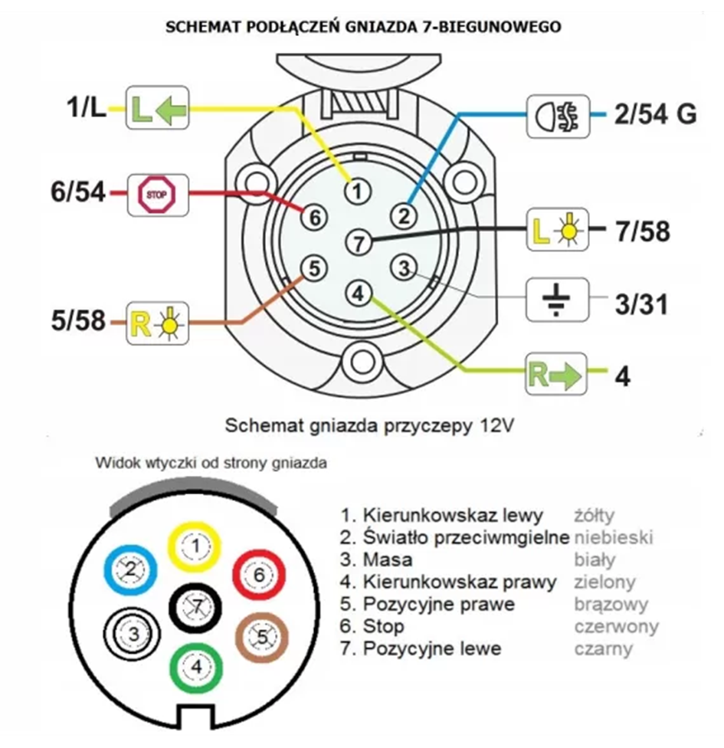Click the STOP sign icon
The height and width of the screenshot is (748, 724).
(x=157, y=195)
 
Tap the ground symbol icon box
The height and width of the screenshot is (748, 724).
(x=557, y=300)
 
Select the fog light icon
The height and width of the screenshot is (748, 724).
(x=558, y=116)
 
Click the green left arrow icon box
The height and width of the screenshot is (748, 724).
(x=157, y=107)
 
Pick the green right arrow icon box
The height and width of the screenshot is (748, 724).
(x=555, y=373)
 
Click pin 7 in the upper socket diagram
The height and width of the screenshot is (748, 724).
(x=359, y=242)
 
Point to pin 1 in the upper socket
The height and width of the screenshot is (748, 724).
(x=357, y=192)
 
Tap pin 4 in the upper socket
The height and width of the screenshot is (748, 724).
(x=359, y=293)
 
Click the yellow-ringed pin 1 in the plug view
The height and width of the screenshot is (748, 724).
(x=195, y=547)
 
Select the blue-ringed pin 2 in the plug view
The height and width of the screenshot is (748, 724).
(x=131, y=570)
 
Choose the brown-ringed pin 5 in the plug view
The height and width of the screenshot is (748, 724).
(x=262, y=638)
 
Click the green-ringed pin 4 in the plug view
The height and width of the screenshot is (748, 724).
(x=196, y=668)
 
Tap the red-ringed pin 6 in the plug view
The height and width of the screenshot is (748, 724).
(x=259, y=576)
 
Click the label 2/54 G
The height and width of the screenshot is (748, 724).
(x=655, y=114)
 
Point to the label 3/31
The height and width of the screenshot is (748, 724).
(x=641, y=304)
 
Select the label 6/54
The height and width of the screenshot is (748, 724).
(x=78, y=192)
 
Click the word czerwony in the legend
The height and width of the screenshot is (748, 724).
(x=616, y=626)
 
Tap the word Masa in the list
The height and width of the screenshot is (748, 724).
(x=387, y=559)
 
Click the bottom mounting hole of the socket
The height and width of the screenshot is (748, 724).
(x=362, y=362)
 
